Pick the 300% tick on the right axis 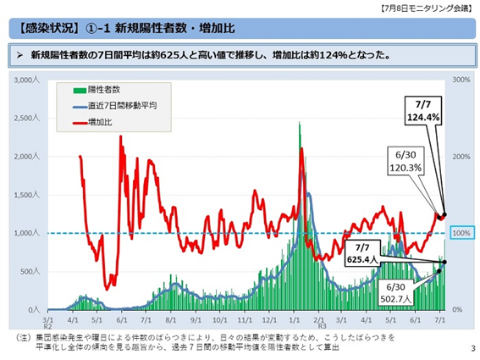[x=462, y=80]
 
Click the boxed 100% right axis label [x=462, y=233]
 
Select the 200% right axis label [x=462, y=157]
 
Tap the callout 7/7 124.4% [x=422, y=110]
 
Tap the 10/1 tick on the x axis [x=221, y=322]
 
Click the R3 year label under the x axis [x=320, y=328]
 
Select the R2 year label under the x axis [x=47, y=329]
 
